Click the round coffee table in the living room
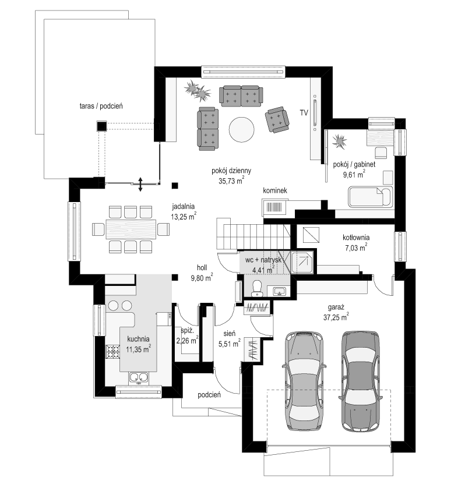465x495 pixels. pos(242,129)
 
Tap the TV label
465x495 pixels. pos(304,113)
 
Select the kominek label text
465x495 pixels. pos(275,190)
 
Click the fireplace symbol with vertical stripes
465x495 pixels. pos(274,207)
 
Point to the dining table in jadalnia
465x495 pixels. pos(131,229)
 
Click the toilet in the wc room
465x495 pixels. pos(257,288)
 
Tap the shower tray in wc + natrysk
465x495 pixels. pos(302,262)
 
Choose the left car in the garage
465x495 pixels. pos(305,380)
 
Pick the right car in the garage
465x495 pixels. pos(361,381)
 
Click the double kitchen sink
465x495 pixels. pos(138,377)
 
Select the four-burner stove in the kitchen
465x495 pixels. pos(113,352)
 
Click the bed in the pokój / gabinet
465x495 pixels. pos(371,197)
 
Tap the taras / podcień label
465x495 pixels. pos(101,106)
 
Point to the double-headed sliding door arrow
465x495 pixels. pos(140,184)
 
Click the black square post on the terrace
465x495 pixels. pos(101,126)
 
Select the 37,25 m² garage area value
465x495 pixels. pos(336,317)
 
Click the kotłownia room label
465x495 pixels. pos(356,238)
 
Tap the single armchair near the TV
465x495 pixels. pos(277,119)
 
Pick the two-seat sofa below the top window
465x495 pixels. pos(241,96)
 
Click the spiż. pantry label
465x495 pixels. pos(187,331)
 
